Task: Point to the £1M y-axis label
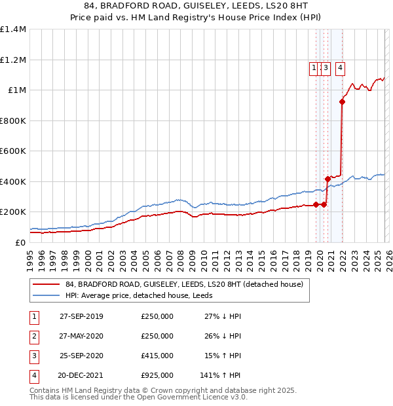(x=16, y=90)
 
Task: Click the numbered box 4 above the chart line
(x=341, y=67)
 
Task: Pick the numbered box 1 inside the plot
(x=314, y=67)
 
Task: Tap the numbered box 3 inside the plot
(x=326, y=67)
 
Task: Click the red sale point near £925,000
(x=342, y=101)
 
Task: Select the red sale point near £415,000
(x=327, y=179)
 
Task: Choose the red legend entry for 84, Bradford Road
(x=183, y=285)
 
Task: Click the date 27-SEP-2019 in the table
(x=81, y=316)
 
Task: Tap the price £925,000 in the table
(x=157, y=375)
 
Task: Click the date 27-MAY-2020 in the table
(x=81, y=336)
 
